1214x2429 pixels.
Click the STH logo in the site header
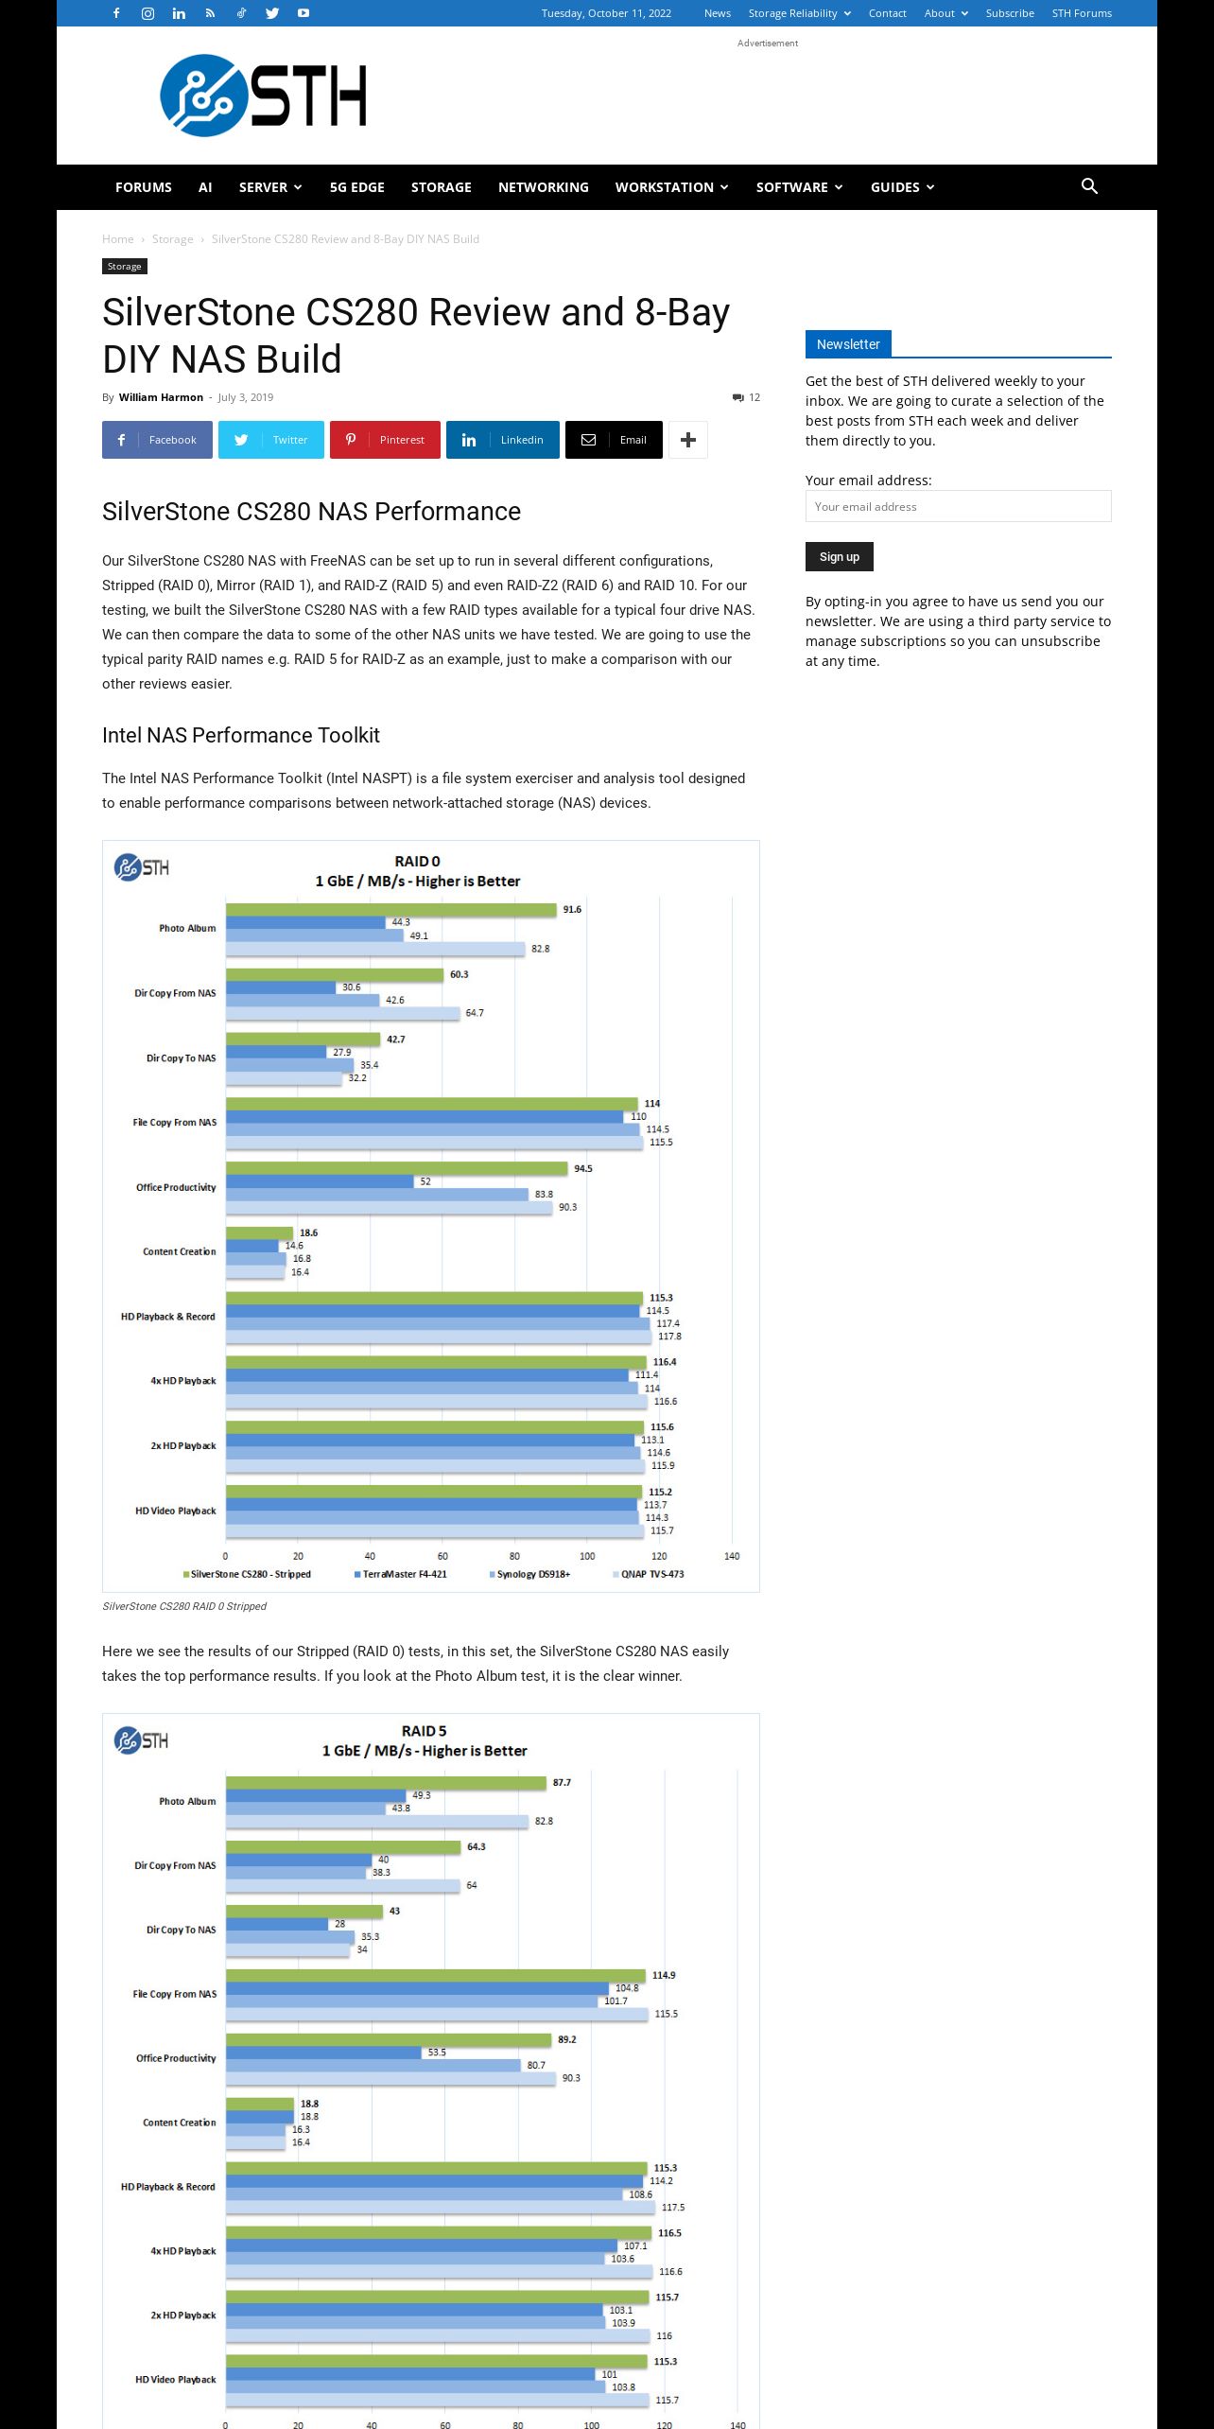click(263, 96)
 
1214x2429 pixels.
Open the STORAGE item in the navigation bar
click(441, 187)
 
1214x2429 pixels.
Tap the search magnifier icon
click(1089, 186)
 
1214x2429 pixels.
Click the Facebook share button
click(157, 440)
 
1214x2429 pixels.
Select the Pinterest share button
click(385, 440)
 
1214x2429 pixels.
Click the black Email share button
click(614, 440)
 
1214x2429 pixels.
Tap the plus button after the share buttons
click(688, 440)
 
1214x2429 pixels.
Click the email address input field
click(958, 506)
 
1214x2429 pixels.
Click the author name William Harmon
click(161, 397)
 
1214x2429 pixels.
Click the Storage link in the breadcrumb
click(172, 239)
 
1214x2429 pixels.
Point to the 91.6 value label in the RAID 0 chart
click(572, 910)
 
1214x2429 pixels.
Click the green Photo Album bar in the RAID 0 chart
click(390, 910)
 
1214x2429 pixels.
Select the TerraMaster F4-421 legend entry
click(400, 1574)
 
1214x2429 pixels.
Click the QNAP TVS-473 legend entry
click(649, 1574)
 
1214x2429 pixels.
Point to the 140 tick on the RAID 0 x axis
click(732, 1556)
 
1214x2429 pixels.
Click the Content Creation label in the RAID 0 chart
click(180, 1251)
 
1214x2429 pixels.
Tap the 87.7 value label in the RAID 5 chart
click(562, 1782)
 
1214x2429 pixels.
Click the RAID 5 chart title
click(425, 1740)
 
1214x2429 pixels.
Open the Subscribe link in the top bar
click(1010, 13)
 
